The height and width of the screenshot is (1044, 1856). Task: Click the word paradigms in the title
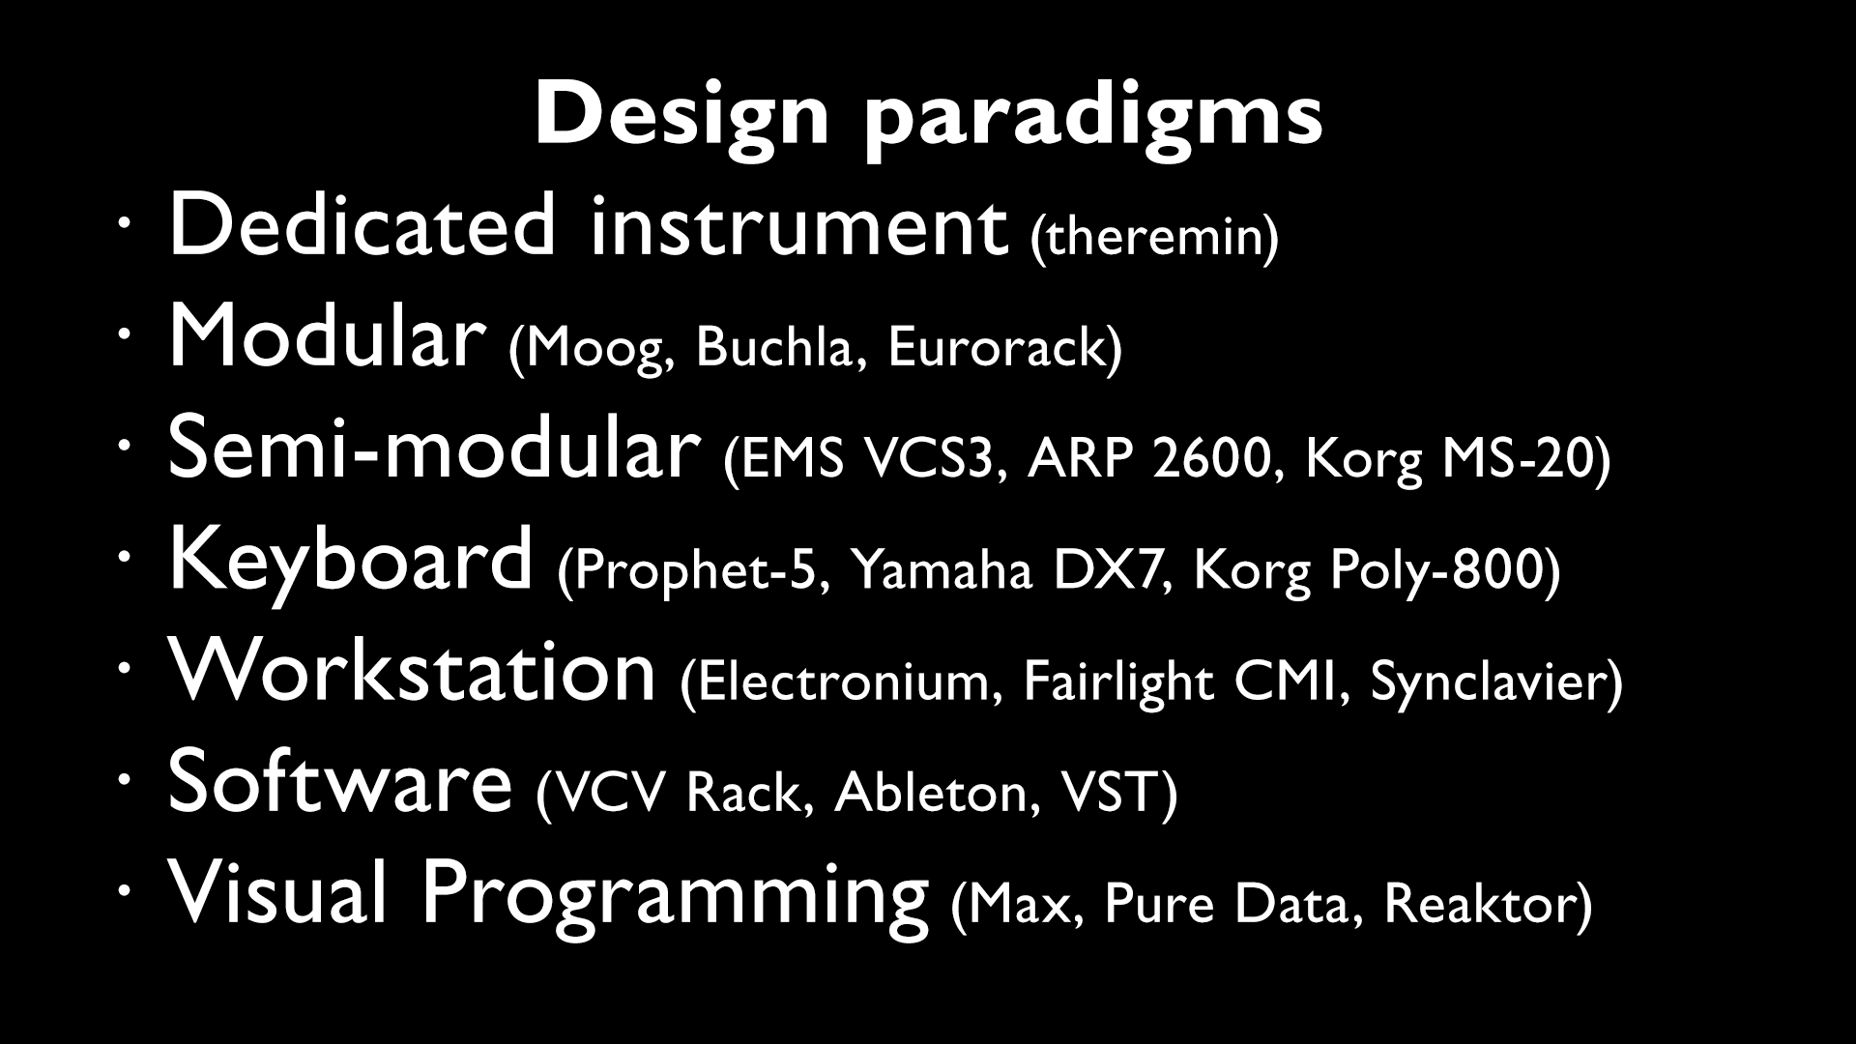pyautogui.click(x=1093, y=118)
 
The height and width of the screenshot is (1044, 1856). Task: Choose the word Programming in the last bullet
pyautogui.click(x=674, y=894)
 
